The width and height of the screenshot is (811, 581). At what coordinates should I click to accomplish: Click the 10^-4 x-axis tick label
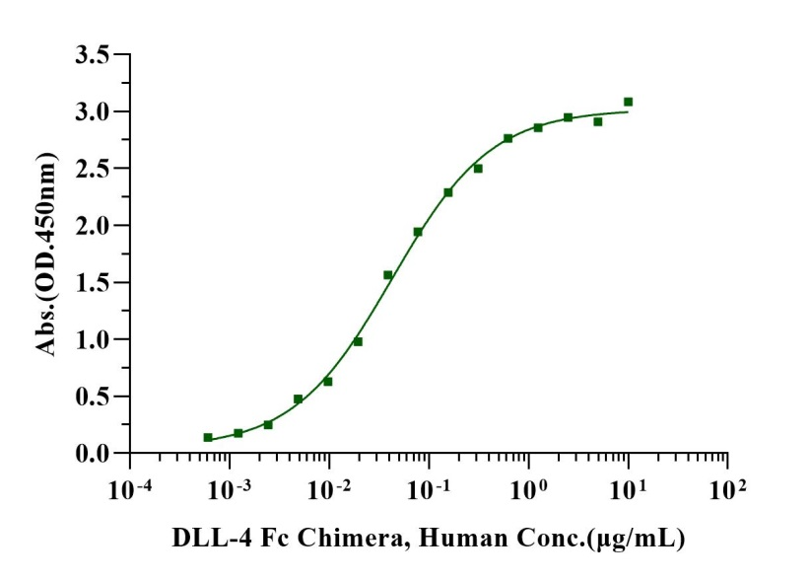tap(130, 485)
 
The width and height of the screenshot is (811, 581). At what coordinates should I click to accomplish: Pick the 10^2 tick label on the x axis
tap(728, 485)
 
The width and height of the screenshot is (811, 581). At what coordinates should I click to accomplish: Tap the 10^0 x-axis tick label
tap(529, 485)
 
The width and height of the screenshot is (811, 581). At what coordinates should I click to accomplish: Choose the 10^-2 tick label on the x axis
tap(329, 485)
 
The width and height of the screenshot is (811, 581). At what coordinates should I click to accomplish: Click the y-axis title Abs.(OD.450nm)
tap(45, 254)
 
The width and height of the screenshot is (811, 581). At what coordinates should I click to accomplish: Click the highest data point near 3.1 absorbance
tap(628, 102)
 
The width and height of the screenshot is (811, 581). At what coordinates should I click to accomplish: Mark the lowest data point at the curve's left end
tap(208, 437)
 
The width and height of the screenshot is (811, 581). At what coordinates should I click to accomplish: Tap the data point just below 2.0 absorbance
tap(418, 232)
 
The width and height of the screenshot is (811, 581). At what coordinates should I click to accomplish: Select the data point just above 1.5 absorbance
tap(387, 275)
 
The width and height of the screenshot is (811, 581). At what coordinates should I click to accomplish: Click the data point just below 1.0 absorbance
tap(358, 341)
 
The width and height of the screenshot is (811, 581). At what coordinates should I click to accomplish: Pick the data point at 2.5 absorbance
tap(478, 169)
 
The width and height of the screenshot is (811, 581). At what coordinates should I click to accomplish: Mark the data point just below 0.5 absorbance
tap(298, 399)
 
